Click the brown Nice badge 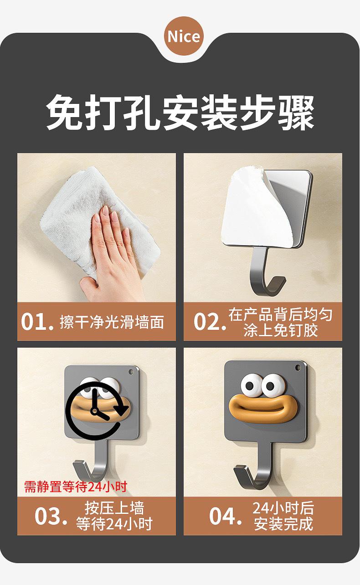(x=184, y=36)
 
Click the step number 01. (x=37, y=322)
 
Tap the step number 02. (x=210, y=322)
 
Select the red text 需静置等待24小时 (x=76, y=487)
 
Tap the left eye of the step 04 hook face (x=251, y=385)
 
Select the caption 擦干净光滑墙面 (x=112, y=322)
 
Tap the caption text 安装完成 (x=283, y=523)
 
